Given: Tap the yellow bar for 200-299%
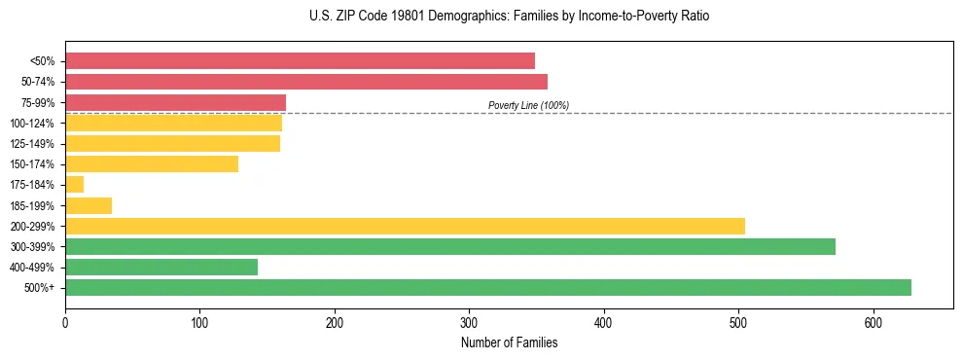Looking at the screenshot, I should pos(405,226).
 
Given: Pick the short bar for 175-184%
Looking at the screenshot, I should pos(75,185).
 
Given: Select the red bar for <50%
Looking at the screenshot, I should pos(300,61).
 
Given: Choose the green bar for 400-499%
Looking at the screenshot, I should pos(161,268).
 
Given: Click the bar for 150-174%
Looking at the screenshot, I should pos(152,164).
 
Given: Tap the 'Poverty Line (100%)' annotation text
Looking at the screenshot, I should pos(528,105).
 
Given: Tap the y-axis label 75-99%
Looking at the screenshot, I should pos(38,103).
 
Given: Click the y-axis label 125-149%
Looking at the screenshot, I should pos(34,144).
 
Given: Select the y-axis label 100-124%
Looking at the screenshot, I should pos(34,124).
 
